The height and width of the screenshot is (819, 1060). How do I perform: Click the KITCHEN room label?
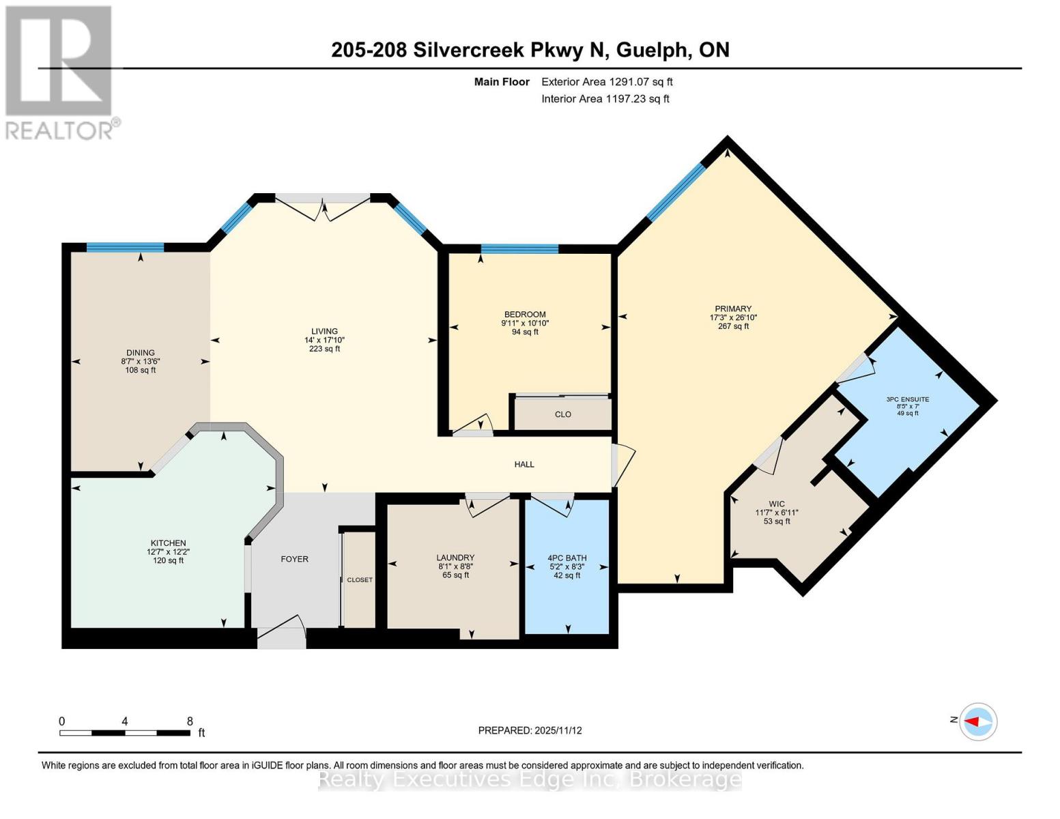point(168,543)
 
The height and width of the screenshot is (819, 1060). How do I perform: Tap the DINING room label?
point(140,353)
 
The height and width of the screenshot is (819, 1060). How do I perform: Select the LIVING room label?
point(324,332)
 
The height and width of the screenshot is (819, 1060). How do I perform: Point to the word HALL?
point(524,465)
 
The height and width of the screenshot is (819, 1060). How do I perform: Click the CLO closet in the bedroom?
point(562,414)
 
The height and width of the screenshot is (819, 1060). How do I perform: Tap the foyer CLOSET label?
point(360,580)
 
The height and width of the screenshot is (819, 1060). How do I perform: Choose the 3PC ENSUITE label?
point(907,400)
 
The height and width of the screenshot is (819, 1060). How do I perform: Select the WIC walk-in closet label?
point(777,504)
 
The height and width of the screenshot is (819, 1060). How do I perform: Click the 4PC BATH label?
point(567,558)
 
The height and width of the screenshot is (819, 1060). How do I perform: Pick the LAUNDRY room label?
point(455,558)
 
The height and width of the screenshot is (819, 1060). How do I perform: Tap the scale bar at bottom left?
point(125,733)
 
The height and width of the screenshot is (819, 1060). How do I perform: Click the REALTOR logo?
point(59,72)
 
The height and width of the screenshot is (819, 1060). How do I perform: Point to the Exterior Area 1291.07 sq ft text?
point(607,82)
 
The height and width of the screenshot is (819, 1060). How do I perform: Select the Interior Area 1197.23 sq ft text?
point(605,99)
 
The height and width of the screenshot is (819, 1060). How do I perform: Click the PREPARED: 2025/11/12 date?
point(530,730)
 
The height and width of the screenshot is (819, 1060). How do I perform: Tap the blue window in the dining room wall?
point(125,248)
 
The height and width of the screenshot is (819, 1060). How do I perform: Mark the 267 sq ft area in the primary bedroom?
point(733,326)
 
